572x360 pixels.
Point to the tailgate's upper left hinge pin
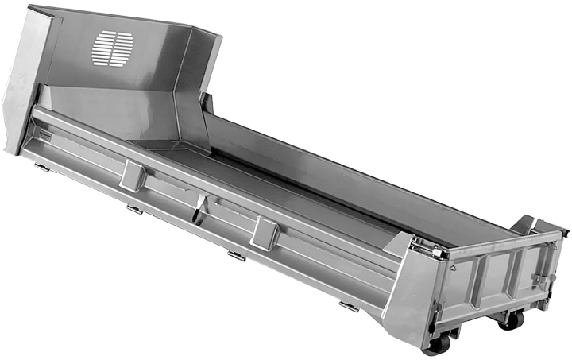pyautogui.click(x=436, y=253)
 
